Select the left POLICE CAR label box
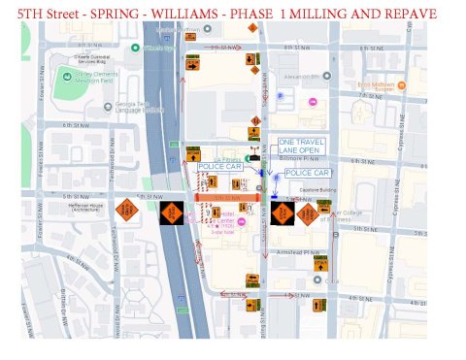pyautogui.click(x=219, y=167)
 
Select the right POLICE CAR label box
pyautogui.click(x=307, y=173)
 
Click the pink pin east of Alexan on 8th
pyautogui.click(x=312, y=102)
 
